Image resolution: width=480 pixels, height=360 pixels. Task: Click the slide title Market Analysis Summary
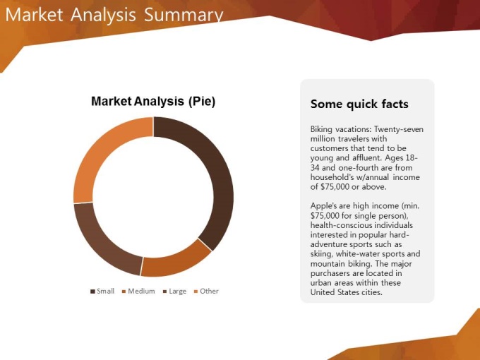click(x=114, y=14)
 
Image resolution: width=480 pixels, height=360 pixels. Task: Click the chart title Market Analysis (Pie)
click(x=153, y=101)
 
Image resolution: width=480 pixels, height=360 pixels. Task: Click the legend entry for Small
click(x=102, y=291)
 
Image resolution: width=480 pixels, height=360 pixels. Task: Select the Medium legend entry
click(x=138, y=291)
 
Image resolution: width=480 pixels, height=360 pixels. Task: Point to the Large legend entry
click(x=174, y=291)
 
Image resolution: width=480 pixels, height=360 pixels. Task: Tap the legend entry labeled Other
click(x=206, y=291)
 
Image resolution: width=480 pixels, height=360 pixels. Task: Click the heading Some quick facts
click(x=359, y=104)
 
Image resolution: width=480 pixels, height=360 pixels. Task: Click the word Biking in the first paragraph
click(x=321, y=129)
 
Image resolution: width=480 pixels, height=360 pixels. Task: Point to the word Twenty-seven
click(x=399, y=129)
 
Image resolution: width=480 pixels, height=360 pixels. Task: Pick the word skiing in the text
click(x=321, y=254)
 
